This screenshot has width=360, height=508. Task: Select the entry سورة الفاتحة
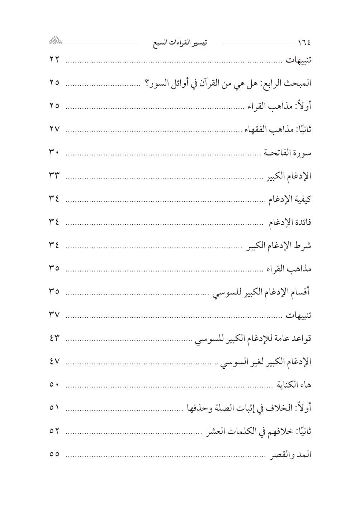[288, 153]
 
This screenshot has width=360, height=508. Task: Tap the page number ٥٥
[54, 454]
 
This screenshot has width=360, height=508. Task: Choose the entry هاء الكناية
[293, 385]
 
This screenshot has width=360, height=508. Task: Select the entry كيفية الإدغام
[290, 199]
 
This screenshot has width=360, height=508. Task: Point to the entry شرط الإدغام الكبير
[279, 246]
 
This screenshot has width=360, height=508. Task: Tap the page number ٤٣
[54, 338]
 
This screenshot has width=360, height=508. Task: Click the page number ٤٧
[54, 361]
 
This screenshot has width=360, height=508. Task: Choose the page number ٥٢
[54, 431]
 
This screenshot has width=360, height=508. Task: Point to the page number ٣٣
[54, 176]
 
